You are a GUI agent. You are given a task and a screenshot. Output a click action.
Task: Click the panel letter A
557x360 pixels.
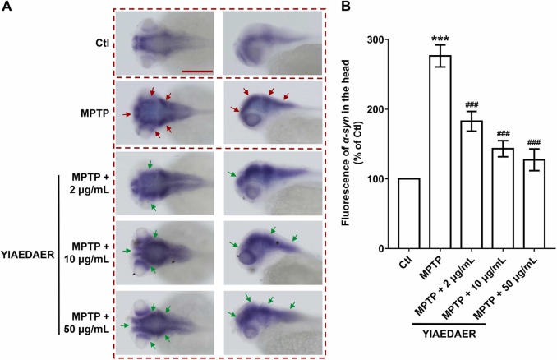click(7, 7)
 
